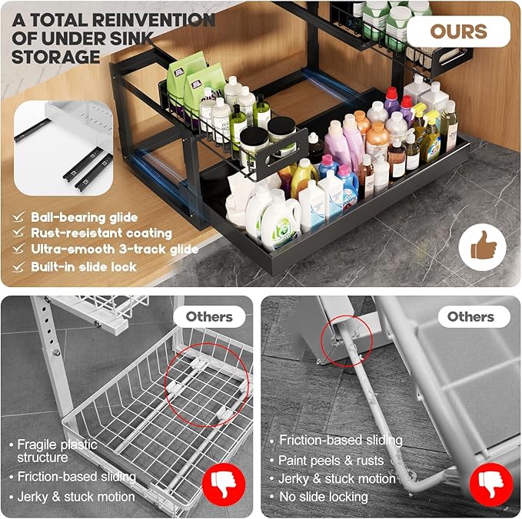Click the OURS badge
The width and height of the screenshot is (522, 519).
458,31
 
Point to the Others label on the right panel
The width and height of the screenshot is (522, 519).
470,316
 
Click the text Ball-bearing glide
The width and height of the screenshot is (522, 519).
85,217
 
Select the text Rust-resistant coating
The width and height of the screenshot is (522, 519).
101,233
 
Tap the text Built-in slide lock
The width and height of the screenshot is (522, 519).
84,266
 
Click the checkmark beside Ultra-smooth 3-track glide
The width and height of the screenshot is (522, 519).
18,250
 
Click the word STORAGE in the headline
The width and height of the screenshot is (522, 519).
56,56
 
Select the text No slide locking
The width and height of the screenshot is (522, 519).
323,497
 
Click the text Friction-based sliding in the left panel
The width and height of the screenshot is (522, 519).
76,477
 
